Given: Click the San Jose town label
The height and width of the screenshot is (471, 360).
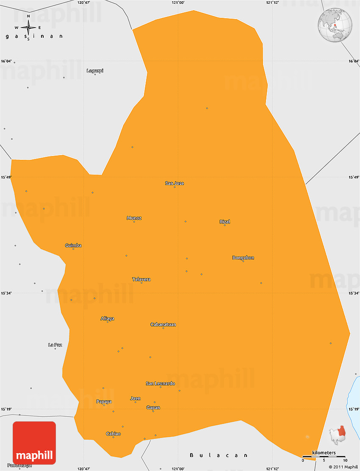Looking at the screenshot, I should [174, 183].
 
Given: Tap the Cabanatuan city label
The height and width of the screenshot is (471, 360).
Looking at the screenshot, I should [163, 324].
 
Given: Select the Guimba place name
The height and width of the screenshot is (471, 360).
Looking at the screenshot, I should [73, 245].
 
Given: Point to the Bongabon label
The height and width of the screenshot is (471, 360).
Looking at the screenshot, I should [243, 257].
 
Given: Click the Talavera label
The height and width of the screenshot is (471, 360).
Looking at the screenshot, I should [141, 279].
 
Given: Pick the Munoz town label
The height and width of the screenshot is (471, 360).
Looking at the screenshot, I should [134, 218].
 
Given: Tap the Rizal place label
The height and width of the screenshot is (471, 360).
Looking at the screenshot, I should [225, 222].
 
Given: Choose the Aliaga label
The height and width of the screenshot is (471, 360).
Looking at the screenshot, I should [107, 318].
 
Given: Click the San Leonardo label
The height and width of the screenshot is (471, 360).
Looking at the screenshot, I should [161, 383].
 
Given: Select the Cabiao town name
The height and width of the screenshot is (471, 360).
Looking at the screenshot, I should [113, 433].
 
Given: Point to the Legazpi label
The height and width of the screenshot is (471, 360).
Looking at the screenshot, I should [95, 71].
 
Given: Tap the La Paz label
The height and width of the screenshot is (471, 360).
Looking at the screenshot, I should [55, 345].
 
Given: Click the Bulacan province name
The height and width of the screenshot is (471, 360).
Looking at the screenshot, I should [219, 455].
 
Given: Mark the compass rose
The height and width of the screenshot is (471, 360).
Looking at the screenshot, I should [28, 28].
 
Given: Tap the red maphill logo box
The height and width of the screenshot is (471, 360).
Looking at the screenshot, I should [34, 443].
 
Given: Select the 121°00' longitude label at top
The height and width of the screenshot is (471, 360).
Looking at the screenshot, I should [178, 3].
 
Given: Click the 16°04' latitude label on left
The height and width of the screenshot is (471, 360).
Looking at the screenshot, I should [6, 61].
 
